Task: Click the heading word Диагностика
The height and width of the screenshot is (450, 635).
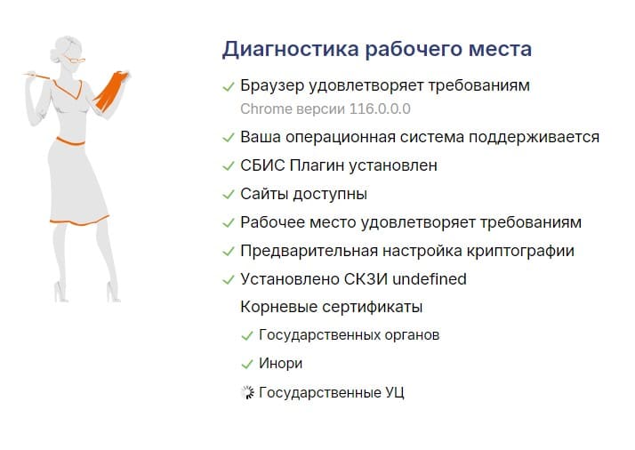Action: [x=290, y=50]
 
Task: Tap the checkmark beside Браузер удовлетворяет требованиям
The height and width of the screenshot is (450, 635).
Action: [x=229, y=86]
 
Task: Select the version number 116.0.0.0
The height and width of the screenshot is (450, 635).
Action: [x=380, y=109]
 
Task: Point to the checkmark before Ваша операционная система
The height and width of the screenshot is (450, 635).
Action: [x=229, y=138]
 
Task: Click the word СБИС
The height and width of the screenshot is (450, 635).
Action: [x=262, y=165]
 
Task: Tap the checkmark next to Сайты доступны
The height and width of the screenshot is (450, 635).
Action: [x=229, y=195]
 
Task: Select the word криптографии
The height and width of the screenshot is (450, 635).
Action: [x=520, y=252]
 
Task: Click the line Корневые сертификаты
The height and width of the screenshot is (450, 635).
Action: [x=331, y=307]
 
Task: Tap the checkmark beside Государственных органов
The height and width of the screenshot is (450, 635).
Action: [x=247, y=336]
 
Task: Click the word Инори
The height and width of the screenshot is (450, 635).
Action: [x=281, y=364]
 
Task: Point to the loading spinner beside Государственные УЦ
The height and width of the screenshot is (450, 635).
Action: [x=247, y=392]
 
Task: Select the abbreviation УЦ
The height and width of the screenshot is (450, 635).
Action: [x=395, y=393]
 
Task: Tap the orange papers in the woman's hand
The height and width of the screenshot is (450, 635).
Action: [x=111, y=91]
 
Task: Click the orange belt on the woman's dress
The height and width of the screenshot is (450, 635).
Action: [x=70, y=141]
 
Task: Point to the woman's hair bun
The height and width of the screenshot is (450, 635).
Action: [x=54, y=53]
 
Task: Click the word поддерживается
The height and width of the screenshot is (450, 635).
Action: [x=534, y=137]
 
